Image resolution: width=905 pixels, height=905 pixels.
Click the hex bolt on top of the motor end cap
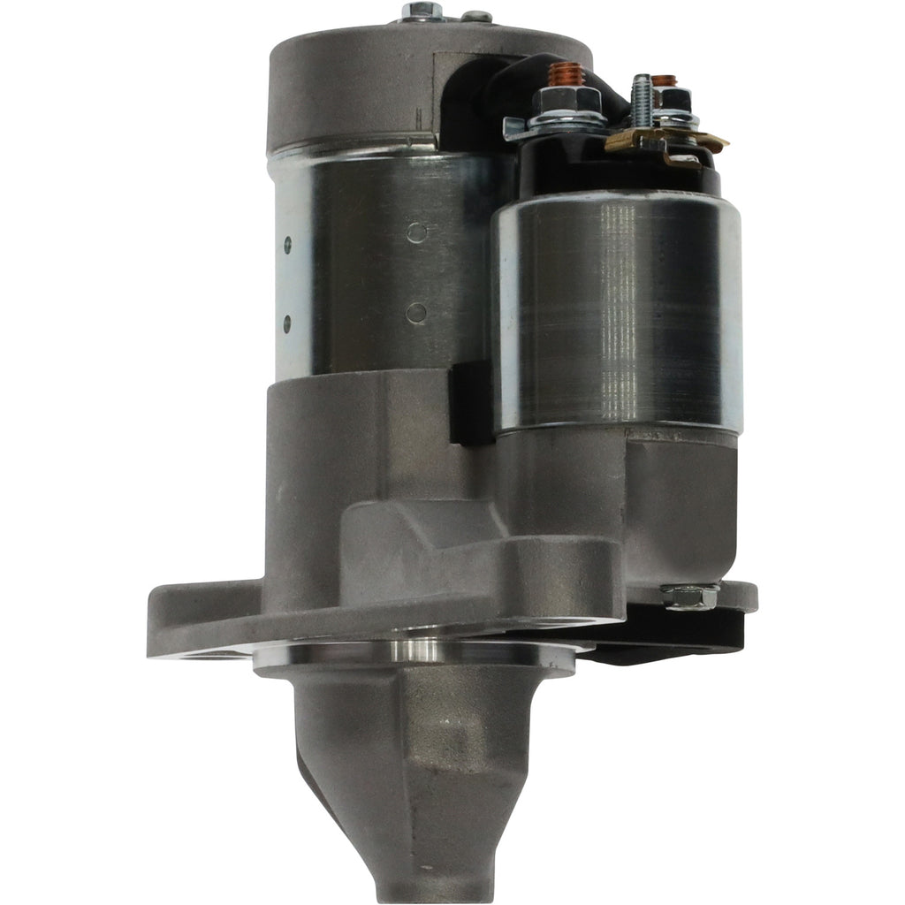coord(422,11)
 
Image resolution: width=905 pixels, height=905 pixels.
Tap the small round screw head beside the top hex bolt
coord(477,15)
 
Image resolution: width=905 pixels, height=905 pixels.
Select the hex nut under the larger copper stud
coord(561,100)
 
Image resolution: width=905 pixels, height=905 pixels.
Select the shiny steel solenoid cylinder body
coord(619,309)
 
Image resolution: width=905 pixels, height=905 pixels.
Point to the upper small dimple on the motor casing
coord(418,232)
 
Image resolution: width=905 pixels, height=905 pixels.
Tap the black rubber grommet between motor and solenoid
coord(471,402)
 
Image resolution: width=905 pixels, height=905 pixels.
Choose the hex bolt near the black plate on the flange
coord(689,597)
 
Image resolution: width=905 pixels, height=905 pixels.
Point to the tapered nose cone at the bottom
coord(424,795)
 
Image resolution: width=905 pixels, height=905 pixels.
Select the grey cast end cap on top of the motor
coord(354,88)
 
